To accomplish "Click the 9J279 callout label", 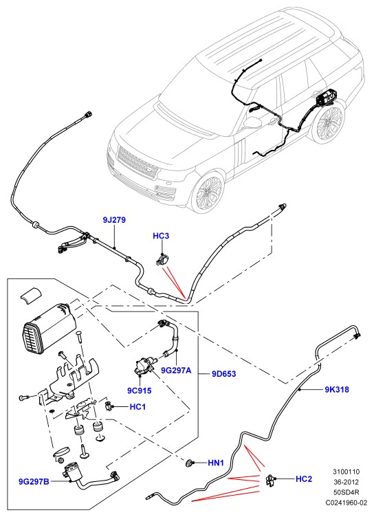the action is coord(114,220).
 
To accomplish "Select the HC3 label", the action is coord(161,236).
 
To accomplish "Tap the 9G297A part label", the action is coord(176,371).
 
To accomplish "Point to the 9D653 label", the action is coord(224,374).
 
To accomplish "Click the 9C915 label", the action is coord(140,390).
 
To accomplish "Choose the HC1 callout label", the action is coord(137,407).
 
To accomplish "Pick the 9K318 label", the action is coord(337,389).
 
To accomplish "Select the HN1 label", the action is coord(216,463).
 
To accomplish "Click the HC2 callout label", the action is coord(304,478).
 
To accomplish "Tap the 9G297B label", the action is coord(34,482).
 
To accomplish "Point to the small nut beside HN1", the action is coord(190,463).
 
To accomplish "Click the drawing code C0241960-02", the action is coord(346,503).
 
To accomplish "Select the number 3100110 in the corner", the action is coord(346,472).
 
